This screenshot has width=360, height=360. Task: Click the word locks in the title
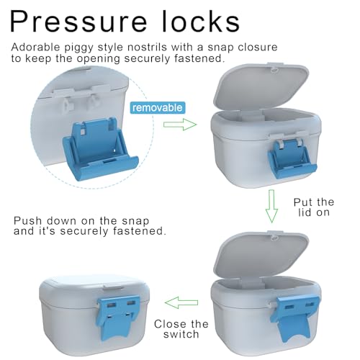pos(201,21)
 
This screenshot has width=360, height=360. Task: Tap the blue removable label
pos(158,108)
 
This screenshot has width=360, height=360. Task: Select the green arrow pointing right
pos(180,125)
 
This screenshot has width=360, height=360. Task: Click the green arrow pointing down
pos(271,206)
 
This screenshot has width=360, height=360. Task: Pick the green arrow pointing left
pos(181,302)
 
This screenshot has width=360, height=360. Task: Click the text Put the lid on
pos(314,207)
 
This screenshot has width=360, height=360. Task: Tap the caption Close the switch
pos(181,329)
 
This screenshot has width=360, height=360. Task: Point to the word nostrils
pos(147,47)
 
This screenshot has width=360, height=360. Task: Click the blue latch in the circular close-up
pos(100,148)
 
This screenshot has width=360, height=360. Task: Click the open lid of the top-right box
pos(261,88)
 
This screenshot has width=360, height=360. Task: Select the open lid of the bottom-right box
pos(261,256)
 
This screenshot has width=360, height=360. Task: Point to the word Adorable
pos(35,47)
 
